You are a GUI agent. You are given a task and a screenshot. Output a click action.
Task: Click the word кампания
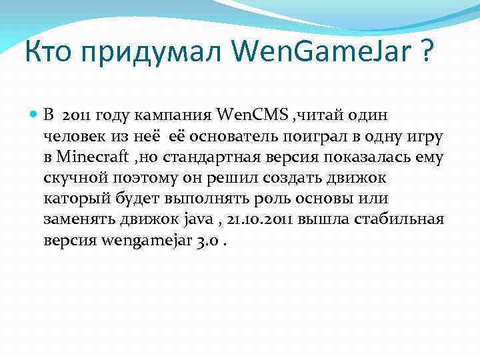pos(183,115)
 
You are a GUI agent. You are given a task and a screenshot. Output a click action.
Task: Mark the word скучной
pos(74,179)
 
